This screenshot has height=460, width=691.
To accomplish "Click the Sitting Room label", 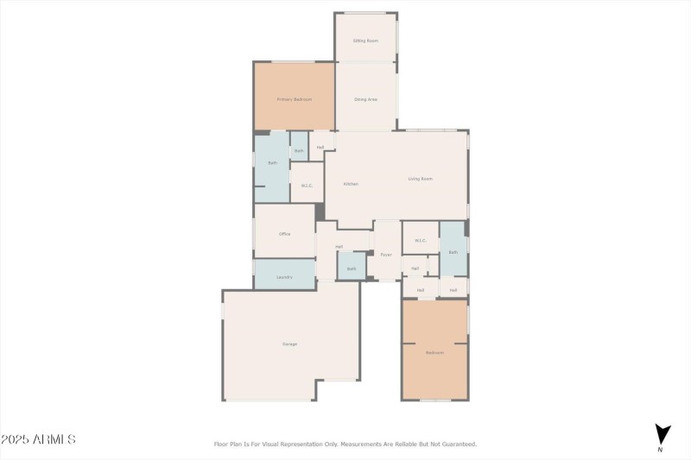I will (365, 41).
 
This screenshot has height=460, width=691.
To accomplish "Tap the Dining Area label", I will (365, 99).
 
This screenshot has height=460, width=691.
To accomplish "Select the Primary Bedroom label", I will (294, 99).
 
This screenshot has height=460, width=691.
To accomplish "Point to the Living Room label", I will (421, 179).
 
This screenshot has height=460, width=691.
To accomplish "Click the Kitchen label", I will (351, 184).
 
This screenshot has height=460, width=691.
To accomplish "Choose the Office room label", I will (284, 234).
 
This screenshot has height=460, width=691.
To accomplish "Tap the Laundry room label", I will (284, 277).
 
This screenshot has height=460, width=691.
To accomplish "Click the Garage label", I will (289, 344).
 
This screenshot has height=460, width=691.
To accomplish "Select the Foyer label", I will (386, 255).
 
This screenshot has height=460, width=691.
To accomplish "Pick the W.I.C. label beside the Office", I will (307, 186).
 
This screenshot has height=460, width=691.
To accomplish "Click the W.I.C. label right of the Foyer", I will (421, 241).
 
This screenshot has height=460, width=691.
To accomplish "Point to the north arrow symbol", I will (662, 433).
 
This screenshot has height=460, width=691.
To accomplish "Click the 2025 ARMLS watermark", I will (38, 440).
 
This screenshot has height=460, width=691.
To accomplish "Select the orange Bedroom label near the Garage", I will (434, 352).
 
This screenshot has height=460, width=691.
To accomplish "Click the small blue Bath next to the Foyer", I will (352, 268).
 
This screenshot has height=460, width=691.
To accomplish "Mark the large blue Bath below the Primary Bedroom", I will (272, 162).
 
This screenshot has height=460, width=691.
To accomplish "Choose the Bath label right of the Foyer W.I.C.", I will (453, 252).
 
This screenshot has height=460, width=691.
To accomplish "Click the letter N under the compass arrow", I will (661, 450).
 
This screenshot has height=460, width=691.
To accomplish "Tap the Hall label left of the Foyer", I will (339, 247).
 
